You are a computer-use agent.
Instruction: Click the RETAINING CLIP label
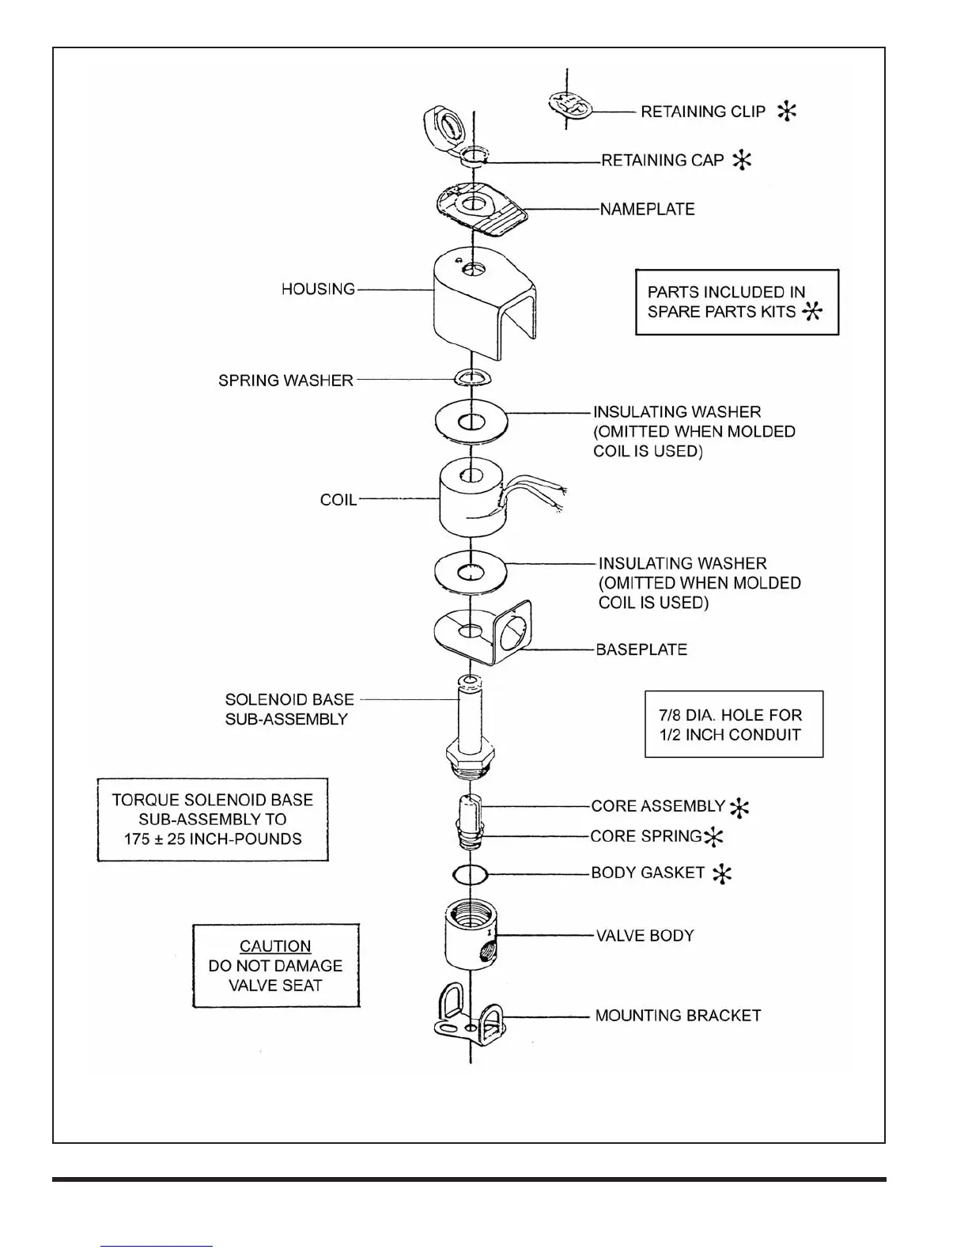pyautogui.click(x=702, y=112)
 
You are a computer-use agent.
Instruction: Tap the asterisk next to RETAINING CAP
pyautogui.click(x=742, y=161)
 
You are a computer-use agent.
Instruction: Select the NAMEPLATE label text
pyautogui.click(x=647, y=210)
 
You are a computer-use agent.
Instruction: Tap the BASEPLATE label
pyautogui.click(x=641, y=649)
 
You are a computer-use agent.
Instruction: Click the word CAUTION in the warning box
pyautogui.click(x=275, y=946)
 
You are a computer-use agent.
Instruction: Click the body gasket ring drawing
pyautogui.click(x=470, y=875)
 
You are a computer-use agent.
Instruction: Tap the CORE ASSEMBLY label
pyautogui.click(x=658, y=806)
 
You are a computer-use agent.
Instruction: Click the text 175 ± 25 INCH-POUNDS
pyautogui.click(x=213, y=839)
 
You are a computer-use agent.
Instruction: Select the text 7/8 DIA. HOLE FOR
pyautogui.click(x=731, y=715)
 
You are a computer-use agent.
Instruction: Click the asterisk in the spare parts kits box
pyautogui.click(x=812, y=312)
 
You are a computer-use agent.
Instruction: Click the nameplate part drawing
pyautogui.click(x=478, y=209)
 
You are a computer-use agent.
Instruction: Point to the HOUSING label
pyautogui.click(x=318, y=290)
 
